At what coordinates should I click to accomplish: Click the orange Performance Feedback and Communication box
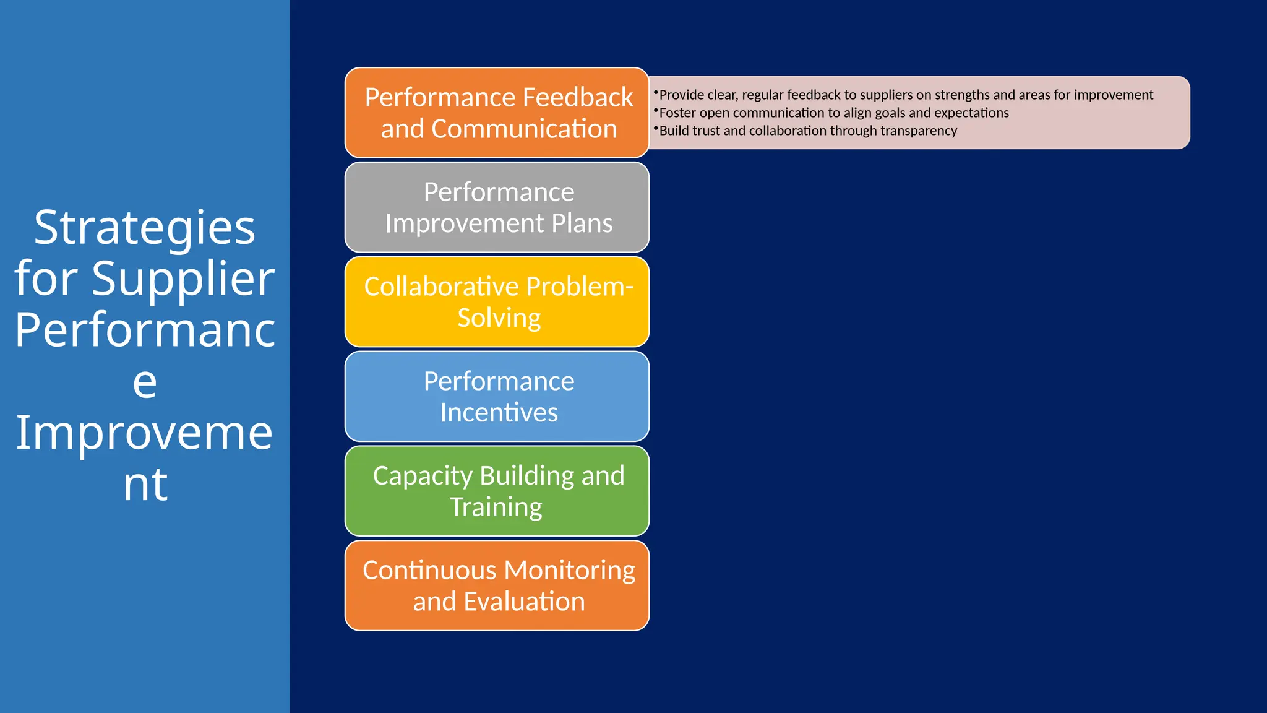pos(497,113)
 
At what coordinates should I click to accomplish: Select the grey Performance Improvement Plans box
pos(497,207)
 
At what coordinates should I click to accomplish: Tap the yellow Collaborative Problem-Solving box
pos(497,302)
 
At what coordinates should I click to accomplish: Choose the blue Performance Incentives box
pos(497,397)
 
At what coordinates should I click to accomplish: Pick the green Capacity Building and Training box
pos(497,491)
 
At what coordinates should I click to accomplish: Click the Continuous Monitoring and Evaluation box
pos(497,586)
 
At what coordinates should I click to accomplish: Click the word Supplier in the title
pos(183,279)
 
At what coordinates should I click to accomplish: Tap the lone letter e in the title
pos(145,382)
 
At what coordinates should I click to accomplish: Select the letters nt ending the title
pos(145,484)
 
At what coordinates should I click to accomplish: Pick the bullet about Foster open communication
pos(833,113)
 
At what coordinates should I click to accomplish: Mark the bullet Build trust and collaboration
pos(807,131)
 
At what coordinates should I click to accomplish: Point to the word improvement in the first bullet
pos(1113,95)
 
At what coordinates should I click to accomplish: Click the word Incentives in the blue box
pos(499,413)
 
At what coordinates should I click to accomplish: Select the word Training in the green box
pos(496,508)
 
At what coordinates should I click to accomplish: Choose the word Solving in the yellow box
pos(499,318)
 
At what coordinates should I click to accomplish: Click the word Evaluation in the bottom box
pos(524,602)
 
